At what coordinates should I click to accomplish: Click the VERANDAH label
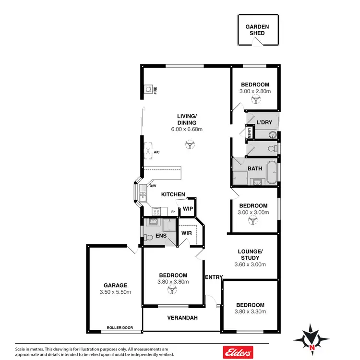(182, 318)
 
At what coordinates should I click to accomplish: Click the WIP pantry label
(188, 209)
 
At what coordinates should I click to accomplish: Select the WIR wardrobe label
(186, 233)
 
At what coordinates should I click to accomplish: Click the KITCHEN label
(173, 194)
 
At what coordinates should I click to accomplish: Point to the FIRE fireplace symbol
(149, 89)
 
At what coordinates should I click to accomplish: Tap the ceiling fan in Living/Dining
(190, 144)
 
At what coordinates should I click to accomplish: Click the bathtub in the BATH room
(271, 173)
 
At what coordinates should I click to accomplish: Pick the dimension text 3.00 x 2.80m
(255, 91)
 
